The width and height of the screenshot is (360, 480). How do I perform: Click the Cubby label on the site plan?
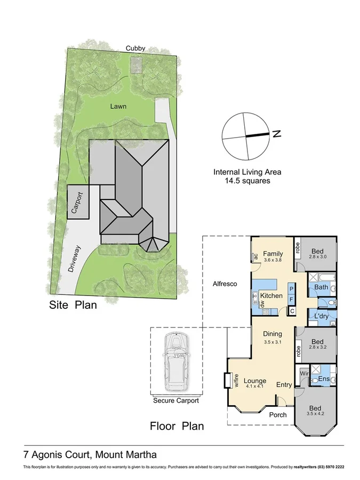point(135,48)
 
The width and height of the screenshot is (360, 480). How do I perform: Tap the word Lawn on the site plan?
point(118,106)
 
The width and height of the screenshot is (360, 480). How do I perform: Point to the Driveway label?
point(75,259)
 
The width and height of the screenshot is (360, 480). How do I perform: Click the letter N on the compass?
point(277,134)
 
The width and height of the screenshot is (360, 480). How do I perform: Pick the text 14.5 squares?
point(247,181)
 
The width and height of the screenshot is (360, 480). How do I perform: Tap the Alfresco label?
point(225,284)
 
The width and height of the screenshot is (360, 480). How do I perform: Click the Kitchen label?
point(271,295)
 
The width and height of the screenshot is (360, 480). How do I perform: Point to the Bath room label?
point(321,287)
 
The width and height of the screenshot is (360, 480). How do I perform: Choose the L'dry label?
point(321,316)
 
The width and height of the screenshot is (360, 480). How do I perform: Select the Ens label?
point(324,379)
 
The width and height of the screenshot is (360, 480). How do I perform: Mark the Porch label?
point(277,414)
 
